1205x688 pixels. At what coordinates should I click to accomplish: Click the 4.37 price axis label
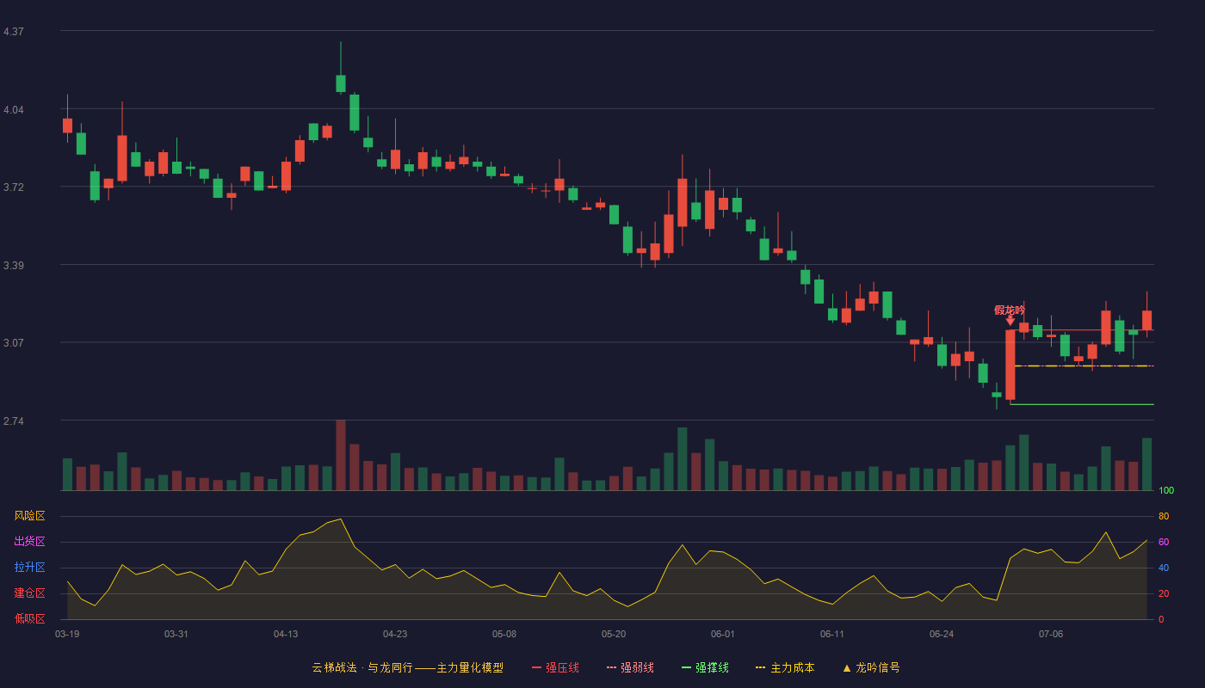coord(14,32)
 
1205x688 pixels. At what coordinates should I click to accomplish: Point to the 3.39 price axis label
coord(14,266)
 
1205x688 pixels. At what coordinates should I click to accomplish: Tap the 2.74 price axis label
coord(14,421)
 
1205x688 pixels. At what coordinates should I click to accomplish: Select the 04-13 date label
coord(286,635)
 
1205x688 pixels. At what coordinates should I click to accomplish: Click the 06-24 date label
coord(942,635)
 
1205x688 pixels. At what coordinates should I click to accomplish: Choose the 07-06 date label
coord(1051,635)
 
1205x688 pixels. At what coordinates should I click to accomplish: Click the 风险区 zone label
coord(29,516)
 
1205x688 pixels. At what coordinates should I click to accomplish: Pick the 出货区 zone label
coord(29,541)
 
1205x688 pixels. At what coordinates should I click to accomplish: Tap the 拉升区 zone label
coord(29,567)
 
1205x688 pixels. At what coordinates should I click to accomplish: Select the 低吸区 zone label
coord(29,618)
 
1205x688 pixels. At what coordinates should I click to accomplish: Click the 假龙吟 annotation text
coord(1009,310)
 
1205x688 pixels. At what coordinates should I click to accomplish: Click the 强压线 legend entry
coord(555,667)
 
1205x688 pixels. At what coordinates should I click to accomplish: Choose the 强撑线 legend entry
coord(705,667)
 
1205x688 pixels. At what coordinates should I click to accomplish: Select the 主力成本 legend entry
coord(785,667)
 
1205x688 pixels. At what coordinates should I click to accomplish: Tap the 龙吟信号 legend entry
coord(871,667)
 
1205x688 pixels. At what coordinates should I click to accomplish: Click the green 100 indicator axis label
coord(1166,490)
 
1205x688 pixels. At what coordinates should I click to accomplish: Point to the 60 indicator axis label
coord(1164,542)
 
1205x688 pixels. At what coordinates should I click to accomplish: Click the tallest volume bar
coord(341,455)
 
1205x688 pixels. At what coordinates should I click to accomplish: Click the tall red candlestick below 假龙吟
coord(1010,365)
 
